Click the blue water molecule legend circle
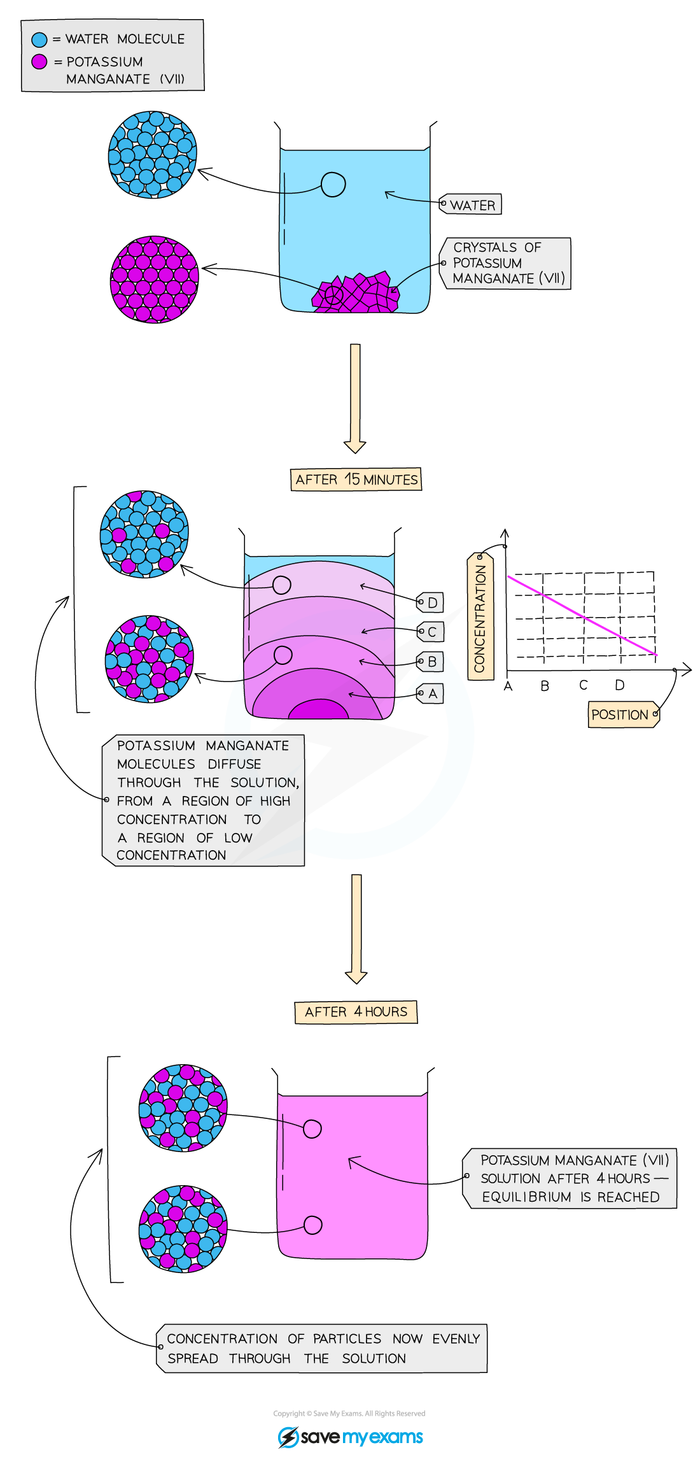click(x=39, y=39)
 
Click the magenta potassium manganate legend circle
click(x=39, y=62)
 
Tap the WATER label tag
click(x=472, y=205)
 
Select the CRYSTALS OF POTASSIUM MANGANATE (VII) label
click(x=507, y=263)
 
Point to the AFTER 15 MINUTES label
click(x=356, y=480)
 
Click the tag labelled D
click(x=431, y=602)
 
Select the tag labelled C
click(x=431, y=632)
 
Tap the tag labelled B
click(x=431, y=662)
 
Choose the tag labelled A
click(x=431, y=694)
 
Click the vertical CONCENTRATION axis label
click(x=480, y=618)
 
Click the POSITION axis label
click(x=622, y=715)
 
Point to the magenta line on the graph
click(x=582, y=616)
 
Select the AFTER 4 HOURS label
click(x=356, y=1011)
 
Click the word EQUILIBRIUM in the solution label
click(x=526, y=1197)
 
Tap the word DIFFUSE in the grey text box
click(x=234, y=764)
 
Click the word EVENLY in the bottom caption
click(x=456, y=1339)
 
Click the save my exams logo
click(x=351, y=1437)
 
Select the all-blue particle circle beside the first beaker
click(x=152, y=155)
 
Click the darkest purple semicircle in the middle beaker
click(x=318, y=709)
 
